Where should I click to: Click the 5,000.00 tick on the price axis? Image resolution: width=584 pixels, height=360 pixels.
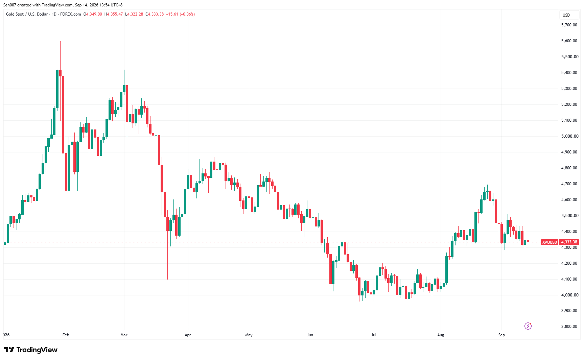(569, 136)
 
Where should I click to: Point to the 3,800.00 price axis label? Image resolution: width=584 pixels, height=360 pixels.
(569, 327)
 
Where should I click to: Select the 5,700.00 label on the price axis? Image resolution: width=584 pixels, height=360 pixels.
(569, 25)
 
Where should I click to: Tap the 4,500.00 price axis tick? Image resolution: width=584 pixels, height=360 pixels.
(569, 216)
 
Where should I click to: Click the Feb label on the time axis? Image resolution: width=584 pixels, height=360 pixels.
(66, 335)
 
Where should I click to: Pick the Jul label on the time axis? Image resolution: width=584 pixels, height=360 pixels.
(374, 335)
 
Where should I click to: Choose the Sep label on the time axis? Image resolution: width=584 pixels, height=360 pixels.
(501, 335)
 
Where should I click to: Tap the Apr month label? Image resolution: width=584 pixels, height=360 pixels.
(188, 335)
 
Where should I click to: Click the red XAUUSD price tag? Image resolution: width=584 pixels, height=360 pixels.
(550, 242)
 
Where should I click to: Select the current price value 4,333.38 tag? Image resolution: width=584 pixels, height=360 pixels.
(569, 242)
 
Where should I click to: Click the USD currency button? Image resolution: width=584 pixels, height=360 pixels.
(566, 15)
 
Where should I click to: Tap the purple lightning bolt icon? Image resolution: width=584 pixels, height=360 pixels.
(528, 326)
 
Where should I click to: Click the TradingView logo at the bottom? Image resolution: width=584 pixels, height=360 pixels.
(31, 350)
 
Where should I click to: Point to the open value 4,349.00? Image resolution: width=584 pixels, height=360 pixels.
(94, 14)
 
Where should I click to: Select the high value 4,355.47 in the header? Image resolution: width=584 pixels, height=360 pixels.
(115, 14)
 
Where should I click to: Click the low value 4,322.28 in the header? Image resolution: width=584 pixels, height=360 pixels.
(135, 14)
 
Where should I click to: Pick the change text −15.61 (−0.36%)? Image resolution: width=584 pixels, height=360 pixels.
(181, 14)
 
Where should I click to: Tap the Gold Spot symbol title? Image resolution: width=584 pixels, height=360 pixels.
(15, 14)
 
